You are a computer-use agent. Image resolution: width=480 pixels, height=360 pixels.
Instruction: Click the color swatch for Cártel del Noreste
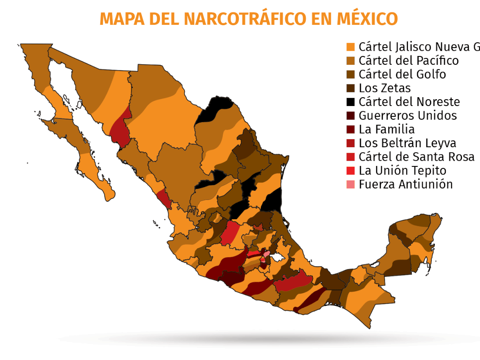[x=350, y=102]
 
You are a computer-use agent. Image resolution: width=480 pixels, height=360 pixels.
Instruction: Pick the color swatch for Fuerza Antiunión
[x=350, y=184]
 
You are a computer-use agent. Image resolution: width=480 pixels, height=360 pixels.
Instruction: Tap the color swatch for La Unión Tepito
[x=350, y=171]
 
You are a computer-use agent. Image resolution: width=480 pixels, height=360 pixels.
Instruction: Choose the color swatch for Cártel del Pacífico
[x=350, y=61]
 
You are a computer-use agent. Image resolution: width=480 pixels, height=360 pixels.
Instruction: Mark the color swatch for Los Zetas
[x=350, y=88]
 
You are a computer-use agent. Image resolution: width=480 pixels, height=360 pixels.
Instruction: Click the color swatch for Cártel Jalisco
[x=350, y=47]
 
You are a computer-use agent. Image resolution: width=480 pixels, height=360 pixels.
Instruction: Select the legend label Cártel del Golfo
[x=402, y=74]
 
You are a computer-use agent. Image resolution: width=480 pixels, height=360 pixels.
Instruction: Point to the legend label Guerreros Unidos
[x=408, y=116]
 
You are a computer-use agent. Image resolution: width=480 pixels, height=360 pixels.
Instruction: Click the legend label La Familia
[x=386, y=130]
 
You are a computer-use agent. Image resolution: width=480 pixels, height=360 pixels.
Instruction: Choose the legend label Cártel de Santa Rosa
[x=416, y=157]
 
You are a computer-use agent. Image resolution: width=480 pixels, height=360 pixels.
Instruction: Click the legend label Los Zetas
[x=384, y=88]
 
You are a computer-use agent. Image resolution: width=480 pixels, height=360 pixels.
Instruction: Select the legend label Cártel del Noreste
[x=409, y=102]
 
